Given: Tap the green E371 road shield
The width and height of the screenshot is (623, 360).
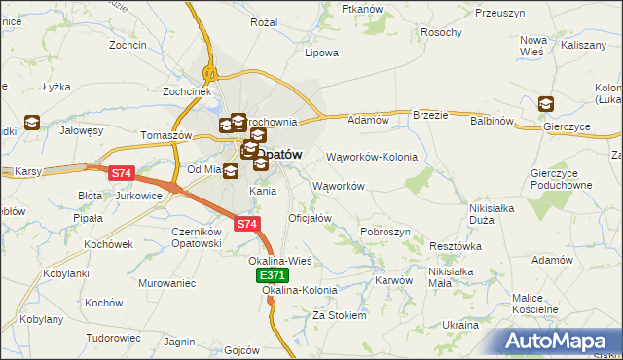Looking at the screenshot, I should [x=272, y=277].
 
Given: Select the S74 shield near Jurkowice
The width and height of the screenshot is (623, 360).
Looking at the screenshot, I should [x=121, y=173].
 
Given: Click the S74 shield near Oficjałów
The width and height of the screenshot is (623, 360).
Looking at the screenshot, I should [x=247, y=224].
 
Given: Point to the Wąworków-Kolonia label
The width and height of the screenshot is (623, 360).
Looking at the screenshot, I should [x=371, y=157].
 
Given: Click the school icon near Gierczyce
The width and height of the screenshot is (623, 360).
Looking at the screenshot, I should [x=546, y=104].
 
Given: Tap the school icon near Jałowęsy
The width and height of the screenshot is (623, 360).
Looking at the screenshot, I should [x=33, y=122].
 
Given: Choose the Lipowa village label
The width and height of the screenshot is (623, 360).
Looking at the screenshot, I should [x=321, y=53].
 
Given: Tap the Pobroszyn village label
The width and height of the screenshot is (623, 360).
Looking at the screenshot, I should [x=385, y=232].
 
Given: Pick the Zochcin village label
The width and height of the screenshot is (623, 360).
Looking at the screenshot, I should [x=128, y=46].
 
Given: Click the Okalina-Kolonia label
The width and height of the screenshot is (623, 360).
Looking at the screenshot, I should [x=300, y=290].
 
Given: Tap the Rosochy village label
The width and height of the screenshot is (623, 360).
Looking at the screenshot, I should [x=441, y=32].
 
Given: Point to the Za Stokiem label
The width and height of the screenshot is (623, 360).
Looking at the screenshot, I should [x=339, y=315].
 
